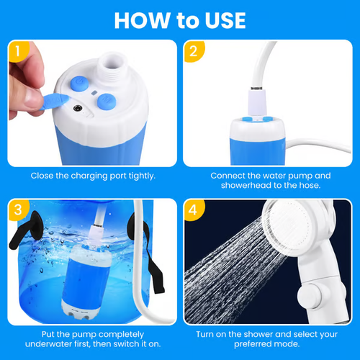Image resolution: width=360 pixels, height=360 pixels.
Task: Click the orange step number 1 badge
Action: (x=18, y=52)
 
